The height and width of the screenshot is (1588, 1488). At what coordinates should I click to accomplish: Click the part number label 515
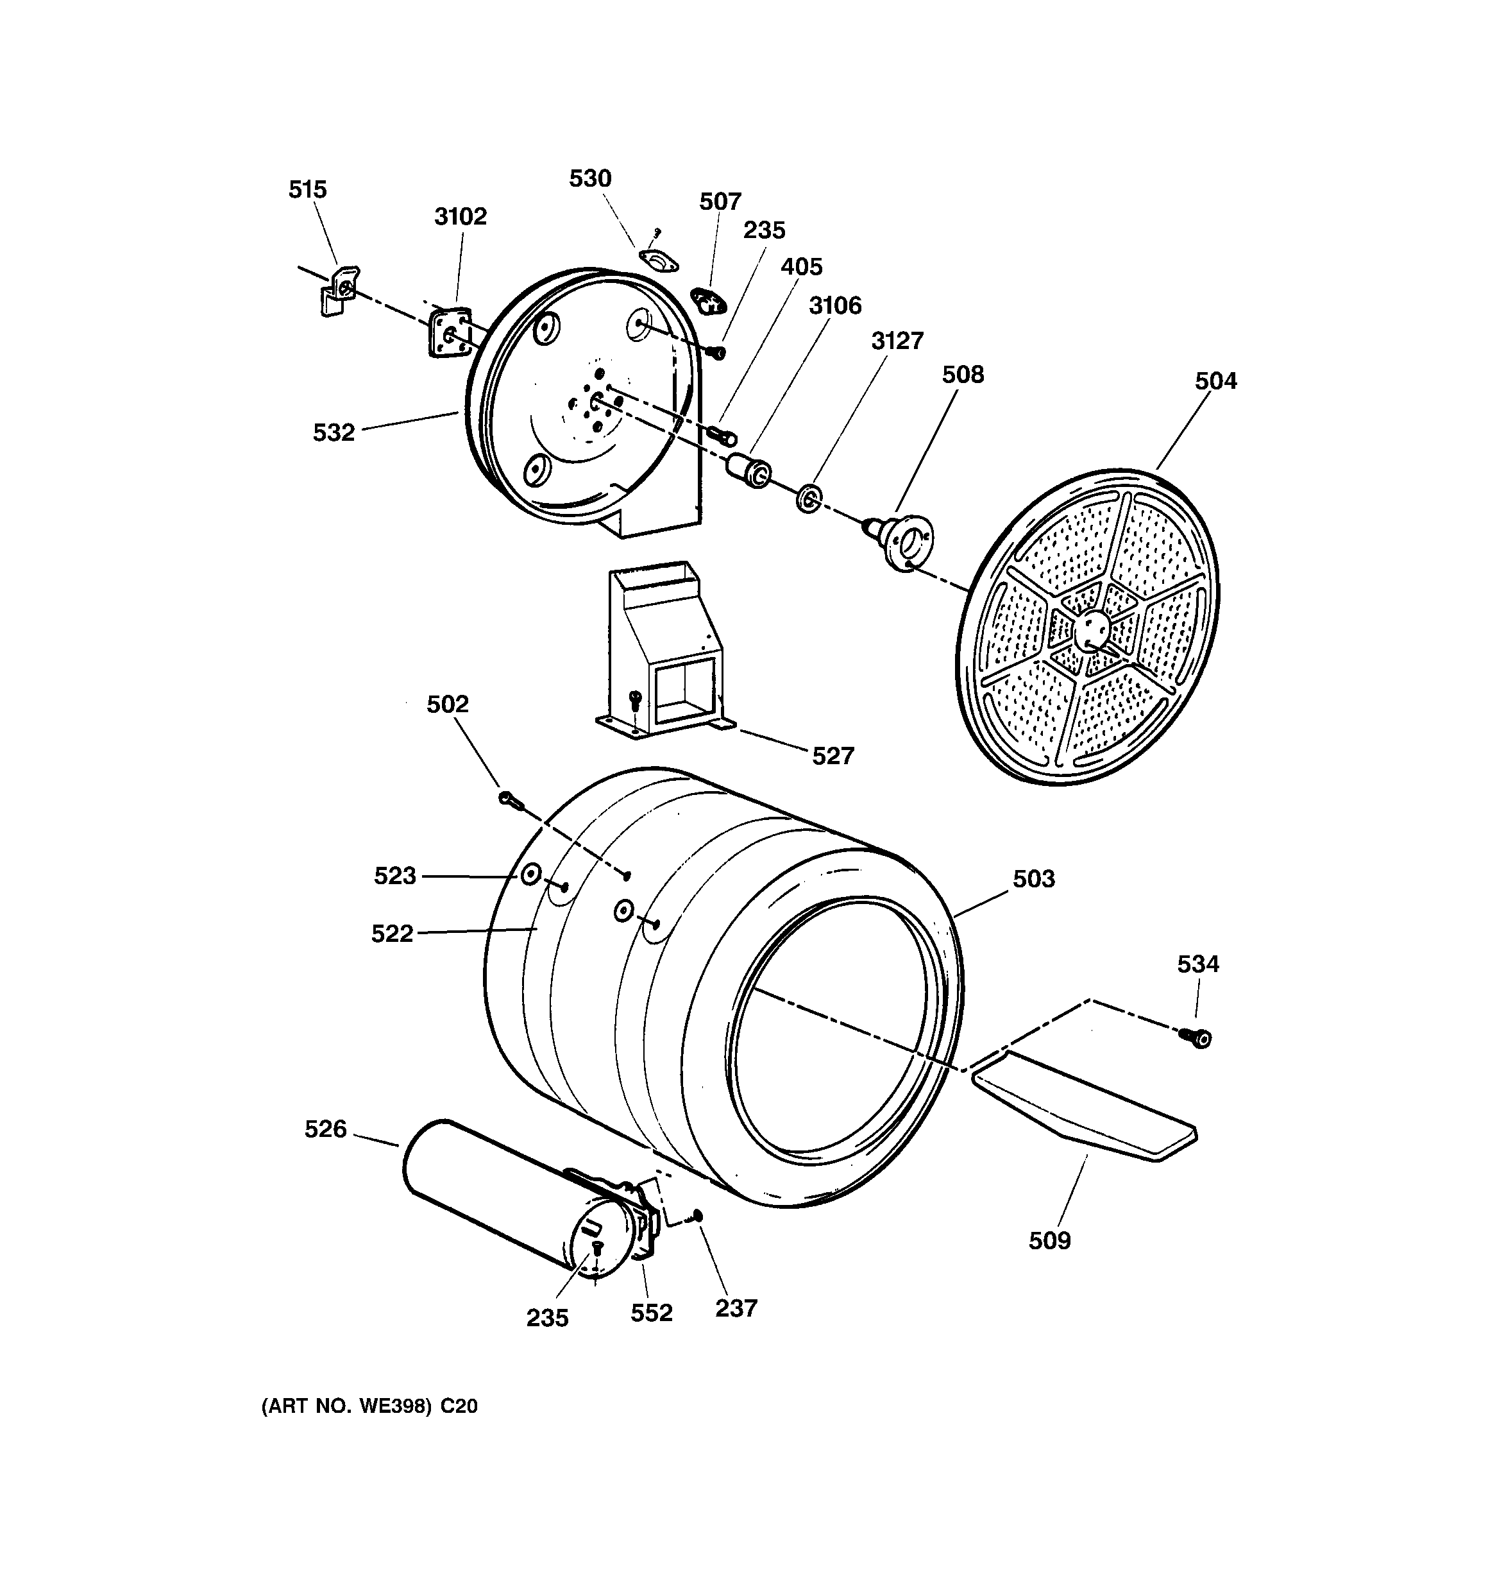point(307,190)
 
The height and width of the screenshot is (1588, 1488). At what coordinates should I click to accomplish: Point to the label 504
point(1215,381)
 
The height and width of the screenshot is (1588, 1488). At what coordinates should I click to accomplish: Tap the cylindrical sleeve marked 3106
point(748,470)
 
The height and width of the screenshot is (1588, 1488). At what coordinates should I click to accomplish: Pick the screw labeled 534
point(1197,1037)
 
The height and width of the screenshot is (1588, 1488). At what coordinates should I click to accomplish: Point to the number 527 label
point(833,756)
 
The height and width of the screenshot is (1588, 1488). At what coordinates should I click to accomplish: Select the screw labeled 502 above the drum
point(509,798)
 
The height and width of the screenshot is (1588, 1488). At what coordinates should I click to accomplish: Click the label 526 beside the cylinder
point(326,1129)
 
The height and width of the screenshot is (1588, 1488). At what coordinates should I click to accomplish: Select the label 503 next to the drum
point(1033,878)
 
